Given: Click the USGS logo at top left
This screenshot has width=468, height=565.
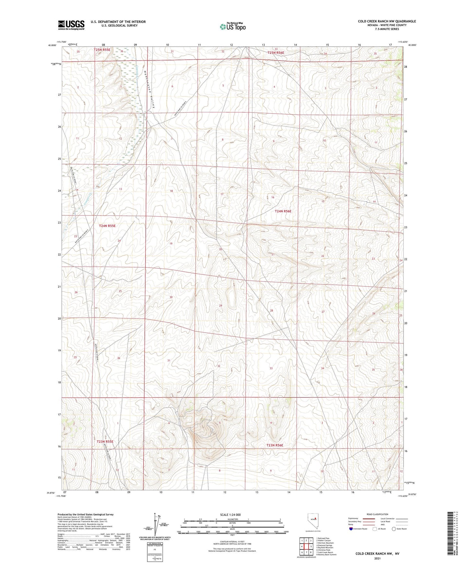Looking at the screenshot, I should (x=71, y=25).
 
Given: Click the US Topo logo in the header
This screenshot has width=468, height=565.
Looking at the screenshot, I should (x=233, y=27).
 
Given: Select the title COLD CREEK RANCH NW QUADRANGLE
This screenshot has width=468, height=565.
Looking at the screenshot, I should (x=387, y=21).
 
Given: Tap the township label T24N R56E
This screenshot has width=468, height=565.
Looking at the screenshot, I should (x=283, y=211).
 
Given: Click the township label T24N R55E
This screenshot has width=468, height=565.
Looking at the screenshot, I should (x=107, y=226).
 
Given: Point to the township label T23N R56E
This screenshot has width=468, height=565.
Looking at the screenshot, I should (x=275, y=445).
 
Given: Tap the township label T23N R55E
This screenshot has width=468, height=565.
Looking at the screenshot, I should (x=105, y=441).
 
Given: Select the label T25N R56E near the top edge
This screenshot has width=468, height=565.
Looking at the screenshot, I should (x=276, y=53).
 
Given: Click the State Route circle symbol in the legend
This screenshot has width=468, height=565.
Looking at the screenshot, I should (x=394, y=529).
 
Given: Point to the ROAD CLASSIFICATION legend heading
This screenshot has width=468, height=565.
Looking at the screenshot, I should (x=377, y=514).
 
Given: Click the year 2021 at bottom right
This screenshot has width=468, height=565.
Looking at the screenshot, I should (x=377, y=558).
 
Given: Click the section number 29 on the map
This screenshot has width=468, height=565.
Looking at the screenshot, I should (x=221, y=305).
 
